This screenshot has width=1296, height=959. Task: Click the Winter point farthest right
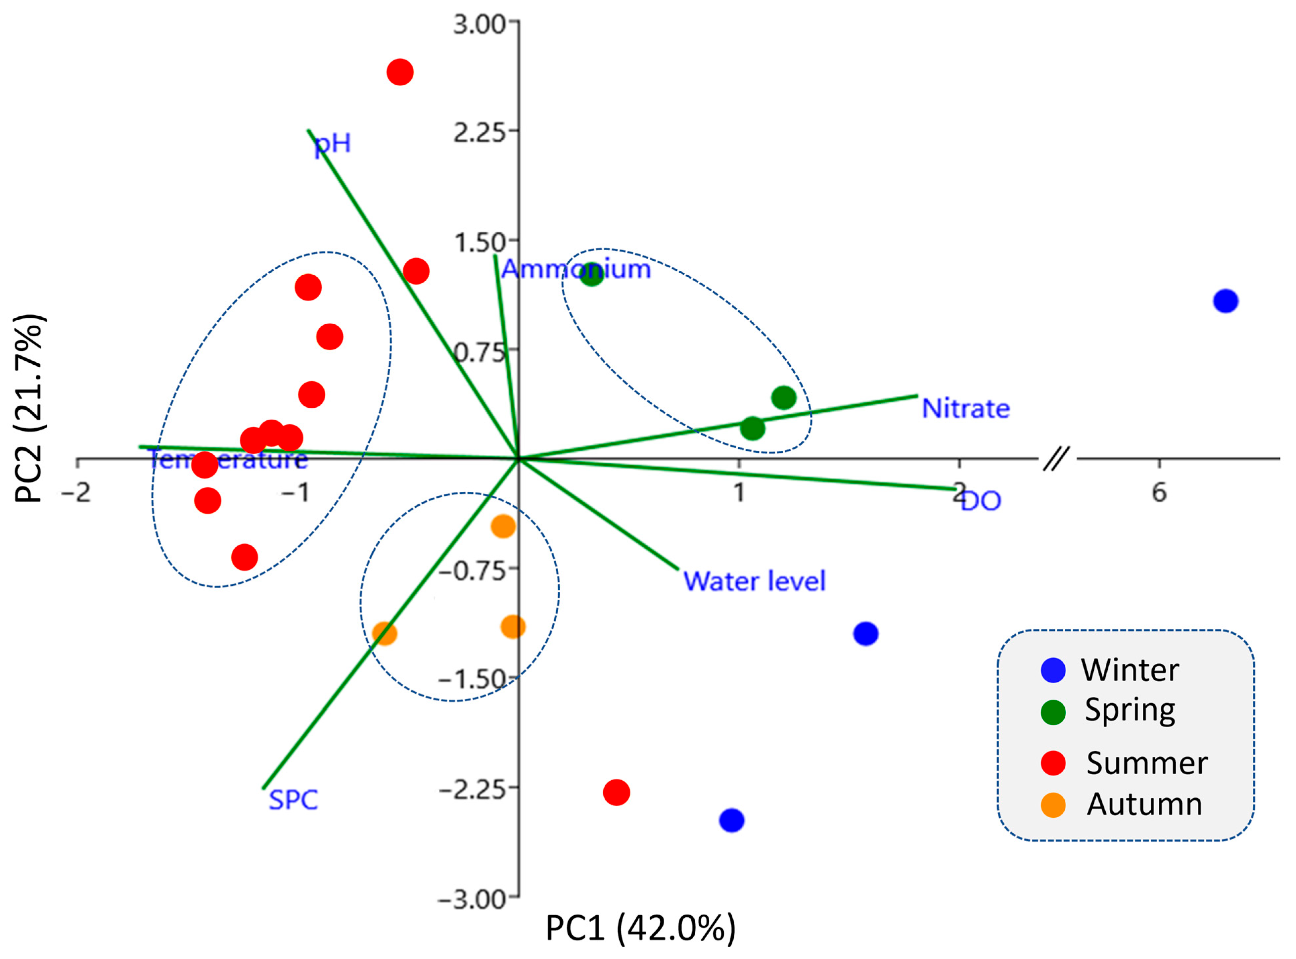tap(1225, 301)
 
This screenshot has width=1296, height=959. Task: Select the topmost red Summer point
tap(400, 72)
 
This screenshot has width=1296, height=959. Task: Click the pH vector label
tap(333, 143)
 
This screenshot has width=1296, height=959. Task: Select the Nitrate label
tap(966, 409)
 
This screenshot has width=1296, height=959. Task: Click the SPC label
tap(293, 800)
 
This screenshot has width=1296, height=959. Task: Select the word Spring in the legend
tap(1130, 710)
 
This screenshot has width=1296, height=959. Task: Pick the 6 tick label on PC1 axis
tap(1159, 492)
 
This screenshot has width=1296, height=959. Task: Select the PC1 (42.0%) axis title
tap(640, 928)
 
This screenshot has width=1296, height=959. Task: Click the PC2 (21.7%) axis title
tap(29, 408)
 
